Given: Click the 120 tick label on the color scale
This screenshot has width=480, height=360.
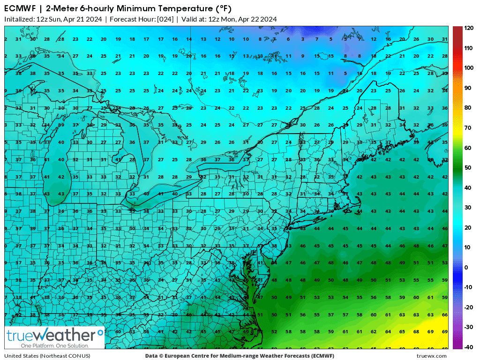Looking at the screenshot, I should tap(469, 28).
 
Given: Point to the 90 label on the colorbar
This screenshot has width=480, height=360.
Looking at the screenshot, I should tap(467, 88).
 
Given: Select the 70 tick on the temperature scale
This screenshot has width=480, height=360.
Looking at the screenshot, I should tap(467, 127).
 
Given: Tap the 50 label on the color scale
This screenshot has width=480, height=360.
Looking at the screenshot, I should tap(467, 167).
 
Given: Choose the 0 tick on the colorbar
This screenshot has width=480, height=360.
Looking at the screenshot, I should tap(466, 267).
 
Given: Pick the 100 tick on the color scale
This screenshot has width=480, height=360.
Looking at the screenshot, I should tap(469, 68).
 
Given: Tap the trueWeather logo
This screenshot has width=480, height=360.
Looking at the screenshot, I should tap(54, 335).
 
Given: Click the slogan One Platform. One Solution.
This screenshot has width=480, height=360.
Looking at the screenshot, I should tap(48, 345).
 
